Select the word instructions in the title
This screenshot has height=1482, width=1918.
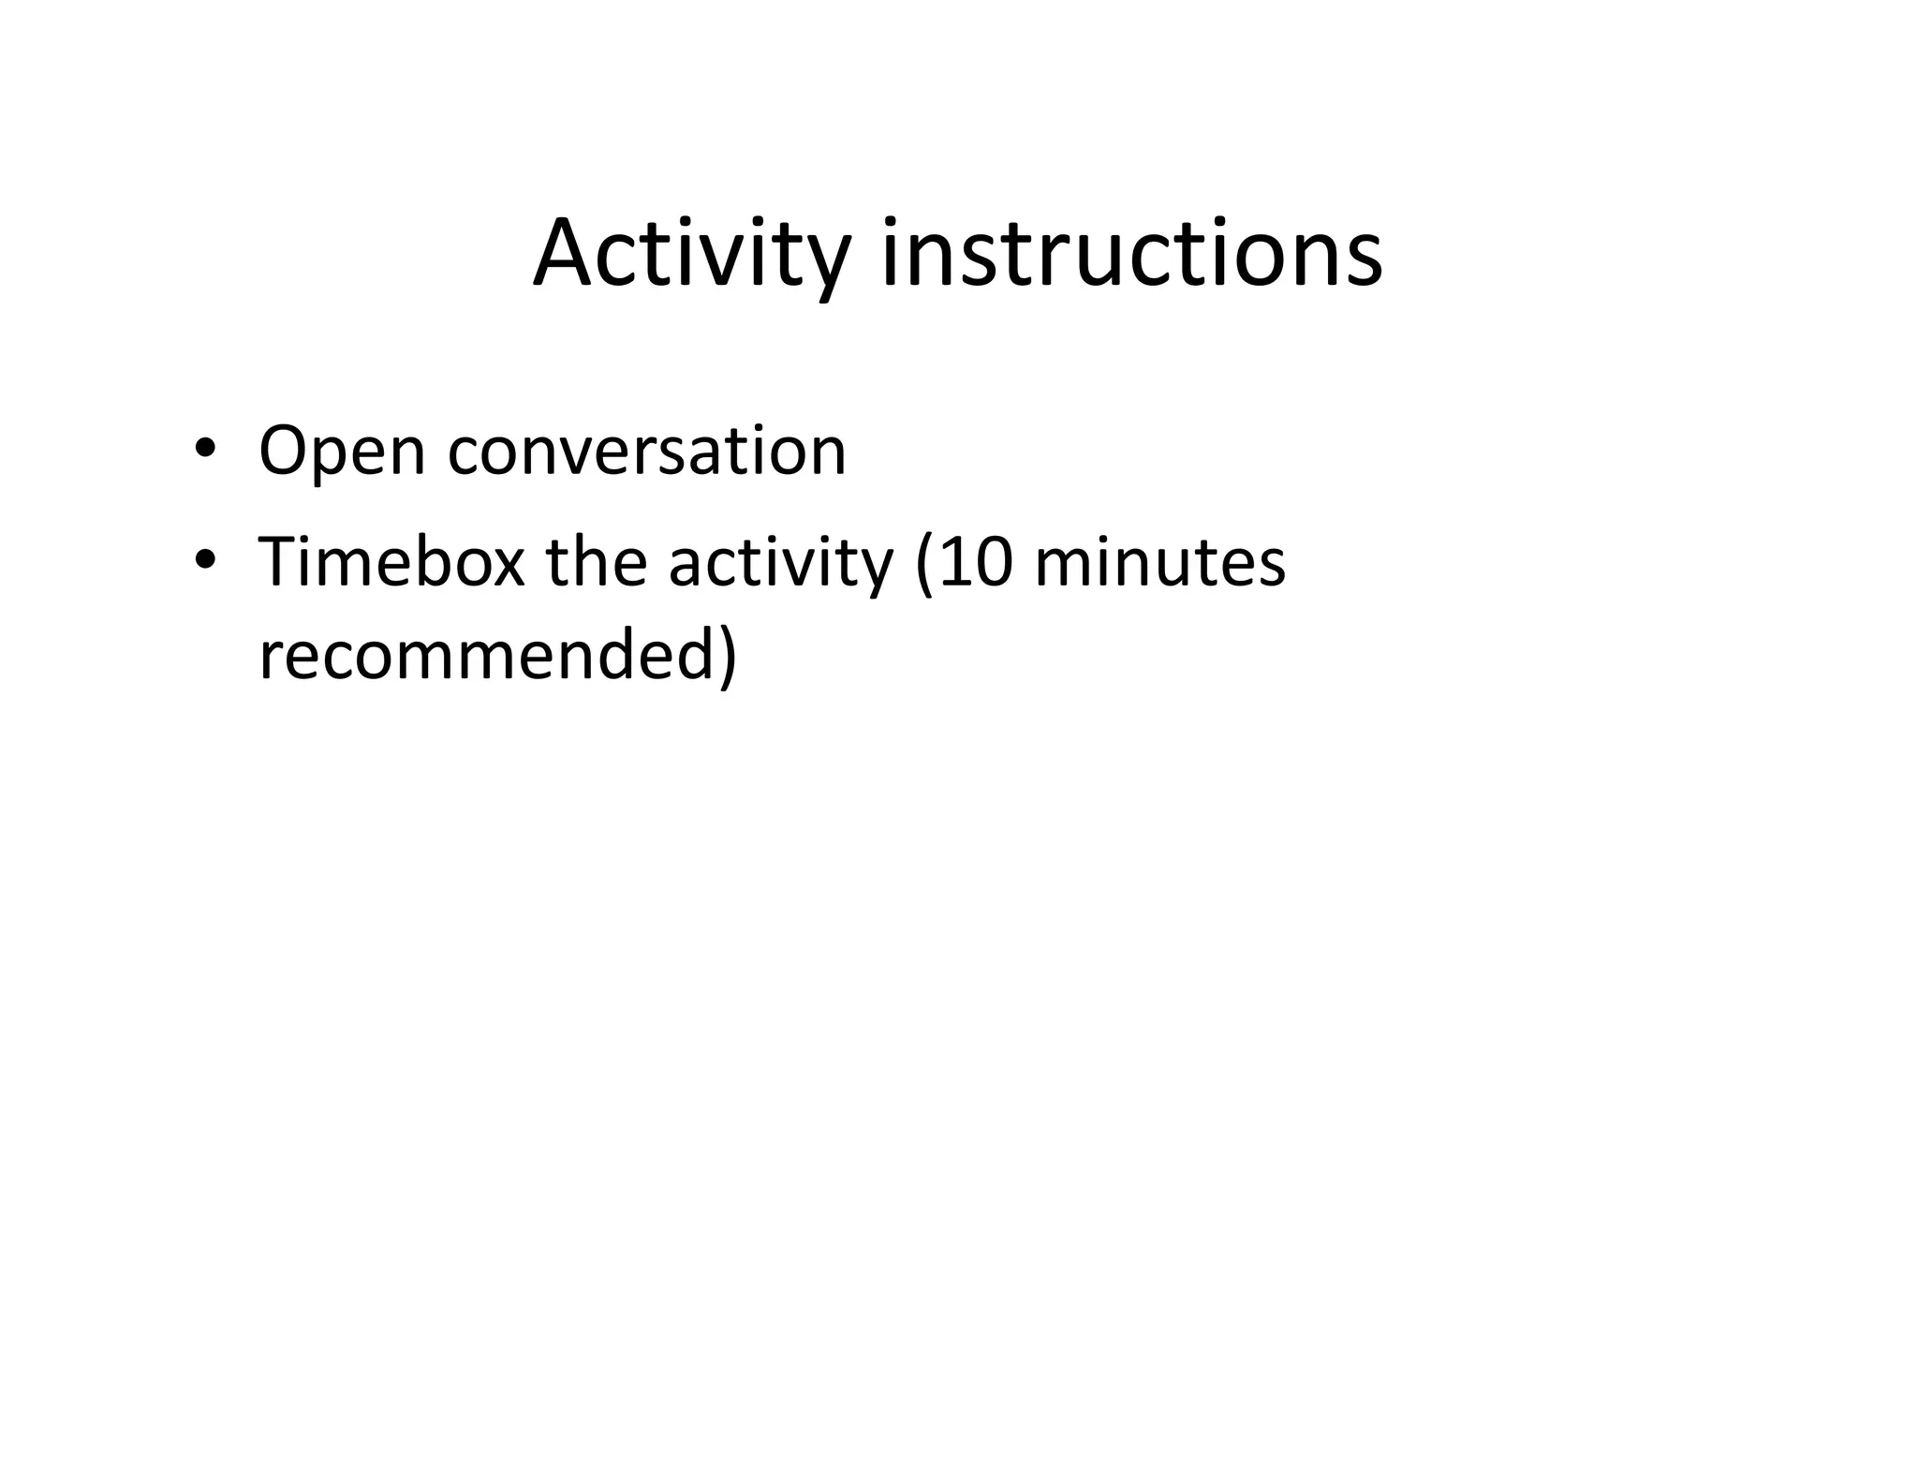[x=1131, y=255]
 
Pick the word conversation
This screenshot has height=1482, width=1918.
[x=647, y=452]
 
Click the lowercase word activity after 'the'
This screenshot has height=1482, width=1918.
[x=781, y=564]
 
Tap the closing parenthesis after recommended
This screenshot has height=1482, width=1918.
[x=729, y=658]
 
